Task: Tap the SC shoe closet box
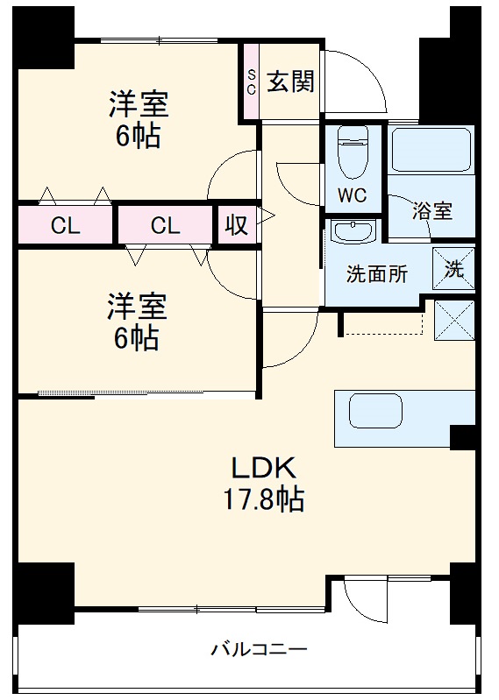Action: (x=251, y=81)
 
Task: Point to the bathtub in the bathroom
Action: (x=431, y=150)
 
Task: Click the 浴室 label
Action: (x=432, y=210)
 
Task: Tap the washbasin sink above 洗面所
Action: (x=353, y=232)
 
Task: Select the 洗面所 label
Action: (x=376, y=273)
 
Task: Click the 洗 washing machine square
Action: (x=453, y=269)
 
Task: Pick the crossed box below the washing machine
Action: (x=453, y=319)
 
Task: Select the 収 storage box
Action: (x=237, y=225)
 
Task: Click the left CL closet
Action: (x=65, y=225)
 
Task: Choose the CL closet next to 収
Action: (x=166, y=225)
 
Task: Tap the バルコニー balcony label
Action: (x=258, y=650)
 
